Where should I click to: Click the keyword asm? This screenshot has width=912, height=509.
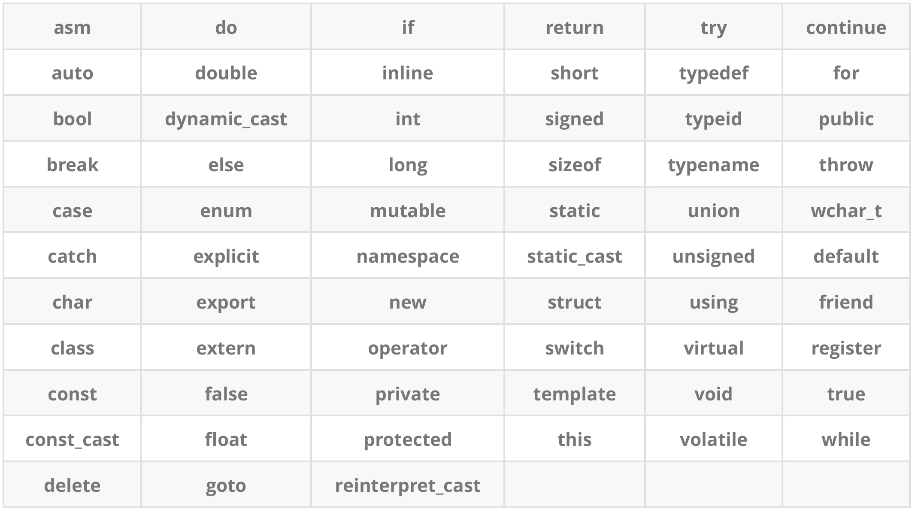pyautogui.click(x=72, y=28)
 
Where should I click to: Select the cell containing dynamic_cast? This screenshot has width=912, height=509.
pyautogui.click(x=226, y=119)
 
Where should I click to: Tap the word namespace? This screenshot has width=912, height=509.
pyautogui.click(x=408, y=257)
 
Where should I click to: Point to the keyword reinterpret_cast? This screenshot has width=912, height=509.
pyautogui.click(x=408, y=486)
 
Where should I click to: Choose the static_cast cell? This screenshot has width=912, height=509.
pyautogui.click(x=574, y=257)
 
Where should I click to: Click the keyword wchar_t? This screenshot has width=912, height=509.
pyautogui.click(x=846, y=211)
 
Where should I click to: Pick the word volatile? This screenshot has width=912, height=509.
pyautogui.click(x=713, y=440)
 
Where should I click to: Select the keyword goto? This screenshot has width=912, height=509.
pyautogui.click(x=226, y=486)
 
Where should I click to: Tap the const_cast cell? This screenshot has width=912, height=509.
pyautogui.click(x=72, y=440)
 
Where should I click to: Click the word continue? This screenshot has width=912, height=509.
pyautogui.click(x=846, y=28)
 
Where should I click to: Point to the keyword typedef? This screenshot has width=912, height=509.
pyautogui.click(x=713, y=73)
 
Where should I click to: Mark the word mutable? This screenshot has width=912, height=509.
pyautogui.click(x=408, y=211)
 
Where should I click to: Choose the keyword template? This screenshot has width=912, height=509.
pyautogui.click(x=574, y=394)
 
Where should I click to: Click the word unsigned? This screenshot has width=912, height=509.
pyautogui.click(x=713, y=257)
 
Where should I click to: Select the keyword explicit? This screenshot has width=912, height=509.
pyautogui.click(x=226, y=257)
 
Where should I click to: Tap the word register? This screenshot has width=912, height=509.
pyautogui.click(x=846, y=348)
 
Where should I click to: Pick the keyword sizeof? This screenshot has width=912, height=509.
pyautogui.click(x=574, y=165)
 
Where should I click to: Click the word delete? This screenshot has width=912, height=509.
pyautogui.click(x=72, y=486)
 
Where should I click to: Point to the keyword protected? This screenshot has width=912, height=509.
pyautogui.click(x=408, y=440)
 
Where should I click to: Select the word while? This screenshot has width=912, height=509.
pyautogui.click(x=846, y=440)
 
